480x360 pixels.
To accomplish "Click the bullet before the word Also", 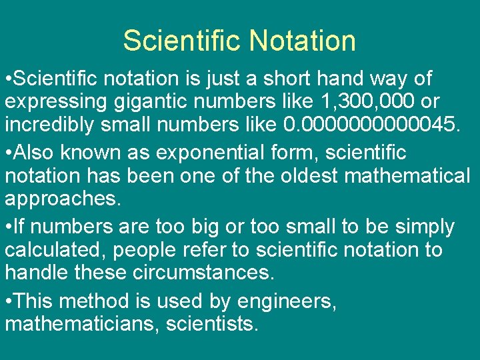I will (8, 153).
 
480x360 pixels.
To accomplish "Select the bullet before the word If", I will (8, 227).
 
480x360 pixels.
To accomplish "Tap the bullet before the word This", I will (8, 301).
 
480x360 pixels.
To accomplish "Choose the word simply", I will (424, 227).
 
